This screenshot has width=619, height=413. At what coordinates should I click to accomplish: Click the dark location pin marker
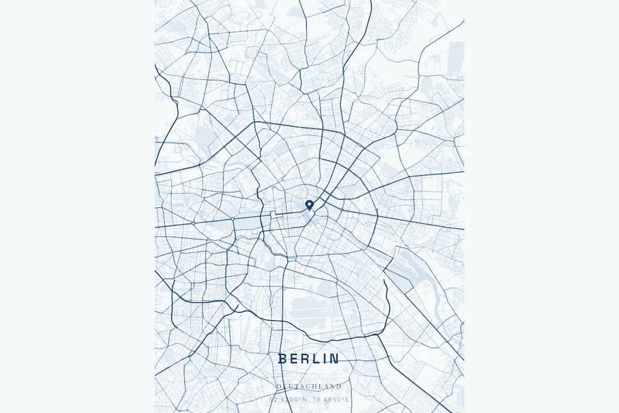click(x=309, y=205)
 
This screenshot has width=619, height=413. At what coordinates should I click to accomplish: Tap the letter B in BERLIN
click(x=282, y=359)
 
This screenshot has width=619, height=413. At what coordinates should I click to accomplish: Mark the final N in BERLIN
click(x=335, y=359)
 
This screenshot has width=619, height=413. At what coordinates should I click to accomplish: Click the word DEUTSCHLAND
click(x=309, y=386)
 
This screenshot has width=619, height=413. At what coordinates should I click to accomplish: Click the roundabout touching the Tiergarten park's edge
click(x=233, y=219)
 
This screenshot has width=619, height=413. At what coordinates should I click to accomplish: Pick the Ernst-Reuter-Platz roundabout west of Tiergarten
click(x=193, y=223)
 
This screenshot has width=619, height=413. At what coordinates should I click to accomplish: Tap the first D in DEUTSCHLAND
click(x=279, y=386)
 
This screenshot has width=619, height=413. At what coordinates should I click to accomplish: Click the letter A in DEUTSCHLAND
click(x=327, y=386)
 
